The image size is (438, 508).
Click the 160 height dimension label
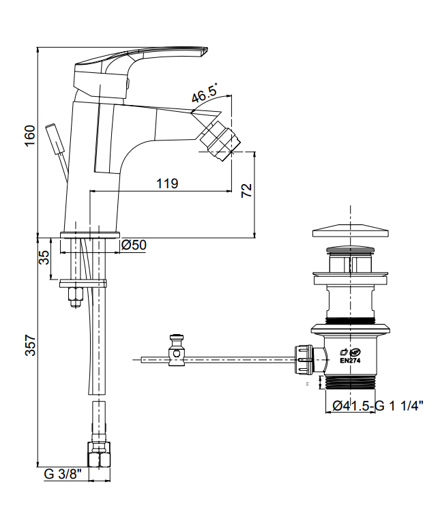tap(30, 136)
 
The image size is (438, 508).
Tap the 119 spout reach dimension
tap(167, 183)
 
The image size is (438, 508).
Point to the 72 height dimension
tap(247, 190)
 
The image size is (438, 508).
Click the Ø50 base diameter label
tap(134, 245)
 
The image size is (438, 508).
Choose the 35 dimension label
tap(44, 258)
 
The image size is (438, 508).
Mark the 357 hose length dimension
tap(31, 345)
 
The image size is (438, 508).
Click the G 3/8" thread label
tap(63, 475)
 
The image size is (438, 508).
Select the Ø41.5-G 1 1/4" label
tap(378, 405)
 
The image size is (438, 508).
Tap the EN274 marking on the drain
tap(350, 361)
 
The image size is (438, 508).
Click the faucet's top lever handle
tap(141, 65)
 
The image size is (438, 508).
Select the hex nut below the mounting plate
tap(75, 297)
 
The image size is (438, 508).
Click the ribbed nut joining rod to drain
tap(304, 359)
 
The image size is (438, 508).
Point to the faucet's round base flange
tap(90, 235)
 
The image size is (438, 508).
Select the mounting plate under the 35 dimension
tap(83, 284)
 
